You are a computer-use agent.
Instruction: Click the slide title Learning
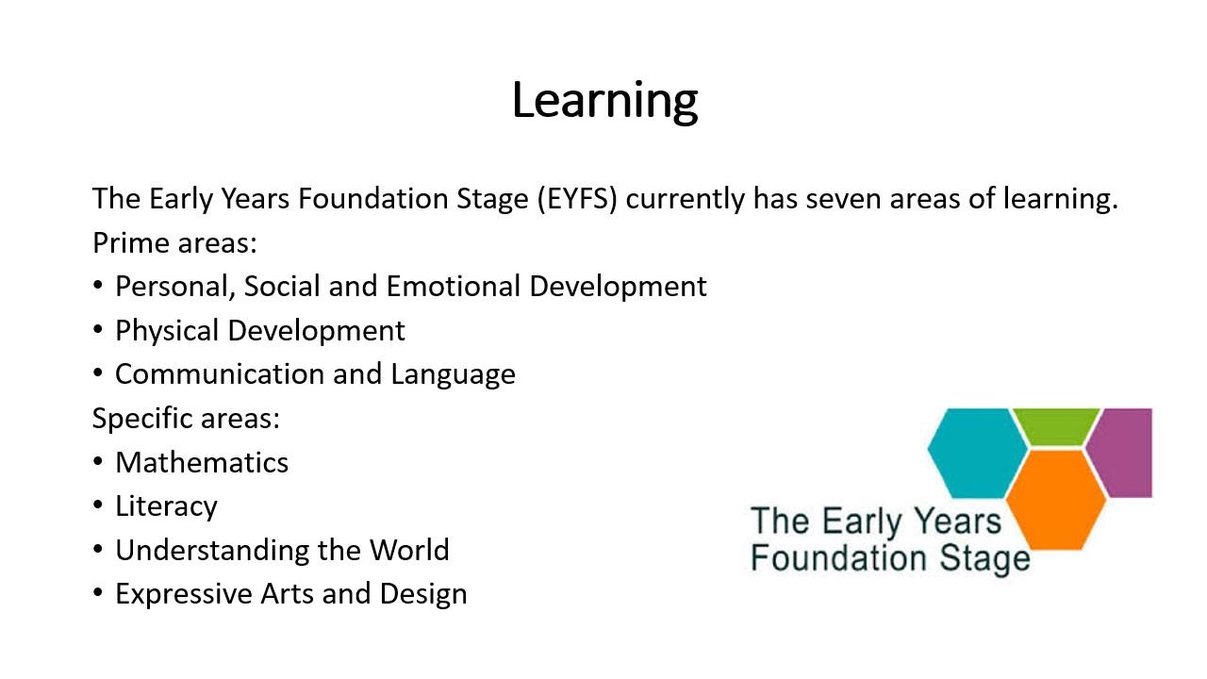point(604,101)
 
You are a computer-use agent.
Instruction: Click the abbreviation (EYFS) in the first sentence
point(577,199)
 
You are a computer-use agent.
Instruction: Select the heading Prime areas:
point(174,243)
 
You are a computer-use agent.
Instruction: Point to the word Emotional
point(454,286)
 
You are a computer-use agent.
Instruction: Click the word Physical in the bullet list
point(167,330)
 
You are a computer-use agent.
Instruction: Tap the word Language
point(453,375)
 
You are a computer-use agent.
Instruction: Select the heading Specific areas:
point(186,419)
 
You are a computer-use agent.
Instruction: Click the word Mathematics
point(202,462)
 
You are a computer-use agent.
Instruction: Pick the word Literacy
point(167,506)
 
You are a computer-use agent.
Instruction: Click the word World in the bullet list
point(409,550)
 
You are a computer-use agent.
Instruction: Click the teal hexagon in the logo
point(977,454)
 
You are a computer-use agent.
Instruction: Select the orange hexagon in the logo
point(1056,500)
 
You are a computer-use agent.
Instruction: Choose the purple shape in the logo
point(1121,453)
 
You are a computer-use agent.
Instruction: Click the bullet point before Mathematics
point(97,462)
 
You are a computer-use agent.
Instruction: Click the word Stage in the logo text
point(984,559)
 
